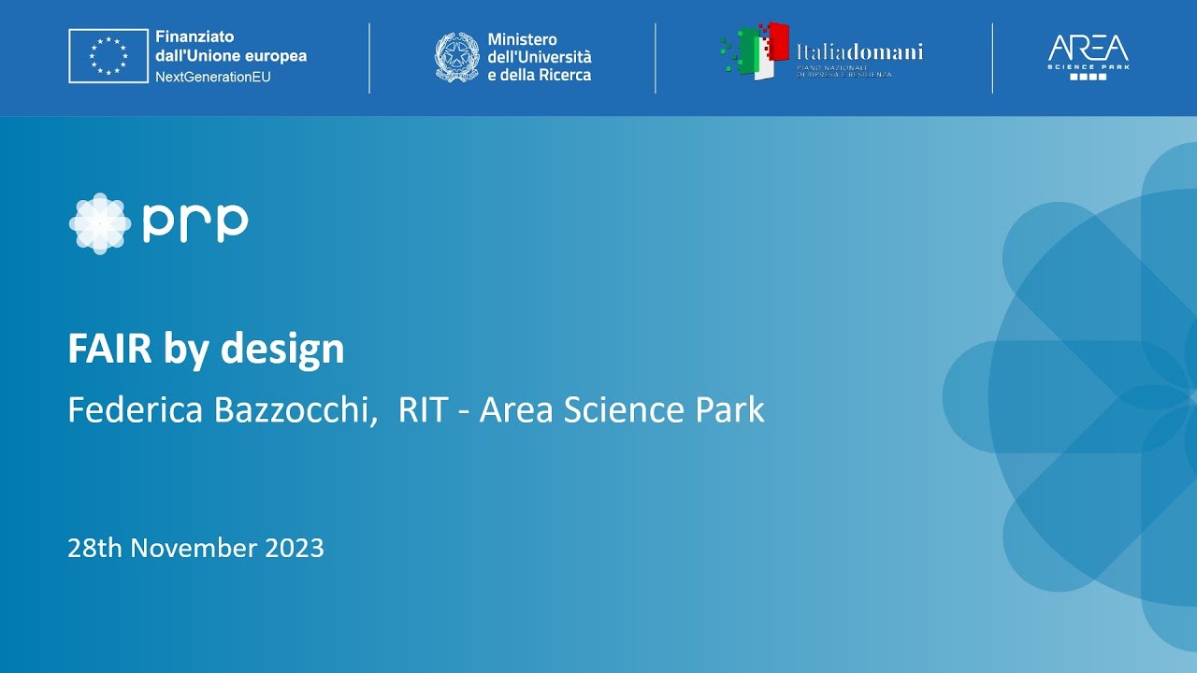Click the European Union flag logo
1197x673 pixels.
(x=108, y=56)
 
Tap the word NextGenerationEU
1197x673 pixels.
(x=213, y=77)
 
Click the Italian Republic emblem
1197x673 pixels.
(x=456, y=57)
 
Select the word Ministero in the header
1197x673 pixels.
(x=522, y=39)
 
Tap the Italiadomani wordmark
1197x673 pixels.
(x=859, y=50)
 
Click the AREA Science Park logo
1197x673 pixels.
(x=1088, y=56)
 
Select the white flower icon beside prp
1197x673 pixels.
(x=99, y=223)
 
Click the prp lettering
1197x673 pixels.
(x=195, y=222)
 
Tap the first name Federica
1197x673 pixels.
(x=135, y=410)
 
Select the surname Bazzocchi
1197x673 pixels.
(x=294, y=410)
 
